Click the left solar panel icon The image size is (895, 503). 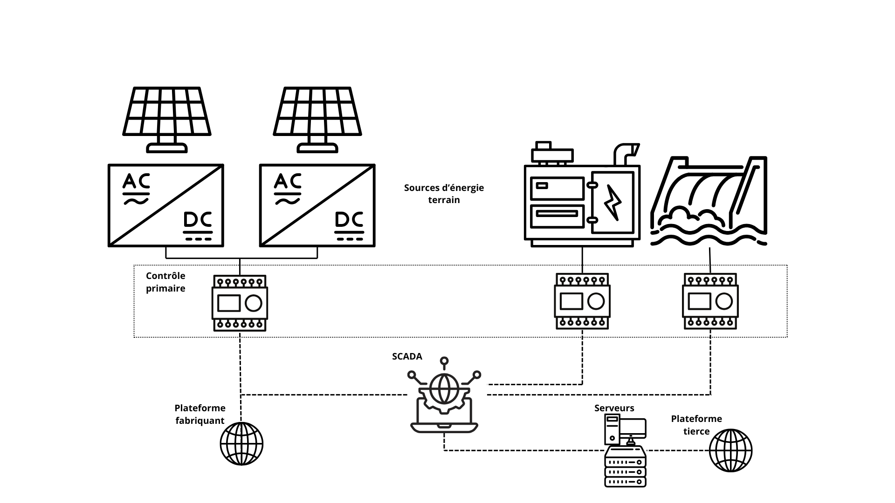click(166, 119)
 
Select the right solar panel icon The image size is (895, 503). click(317, 119)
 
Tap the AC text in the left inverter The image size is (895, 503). click(136, 182)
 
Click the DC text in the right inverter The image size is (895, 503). click(349, 220)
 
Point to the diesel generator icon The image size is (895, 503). click(582, 198)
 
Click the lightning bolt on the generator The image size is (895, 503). click(612, 202)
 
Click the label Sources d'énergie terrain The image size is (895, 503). click(444, 194)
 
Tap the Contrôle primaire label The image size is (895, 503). click(165, 282)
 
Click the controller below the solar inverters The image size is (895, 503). click(240, 303)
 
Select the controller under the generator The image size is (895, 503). click(582, 301)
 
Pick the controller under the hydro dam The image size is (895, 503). click(710, 301)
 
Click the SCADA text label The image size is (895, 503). click(407, 356)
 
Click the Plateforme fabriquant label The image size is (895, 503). click(200, 414)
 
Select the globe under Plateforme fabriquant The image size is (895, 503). click(241, 443)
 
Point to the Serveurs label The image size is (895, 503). click(614, 408)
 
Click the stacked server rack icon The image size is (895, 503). click(625, 467)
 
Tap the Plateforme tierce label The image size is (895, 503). click(696, 425)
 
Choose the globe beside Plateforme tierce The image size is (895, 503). click(730, 450)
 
